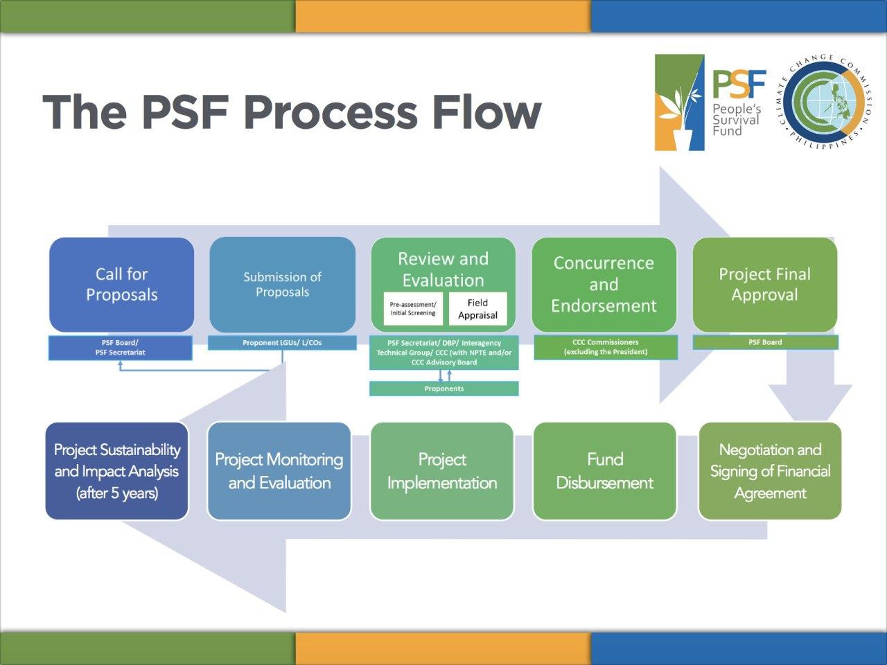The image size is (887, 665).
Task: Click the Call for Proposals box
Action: pos(121,285)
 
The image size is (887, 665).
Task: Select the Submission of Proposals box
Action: pos(282,285)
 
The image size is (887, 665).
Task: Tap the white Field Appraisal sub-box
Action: pos(477,309)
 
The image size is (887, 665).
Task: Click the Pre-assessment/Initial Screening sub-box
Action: pos(413,309)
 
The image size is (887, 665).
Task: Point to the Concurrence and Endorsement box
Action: pos(604,285)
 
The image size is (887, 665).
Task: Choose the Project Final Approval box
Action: pos(764,285)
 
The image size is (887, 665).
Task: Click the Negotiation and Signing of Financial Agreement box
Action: pos(770,471)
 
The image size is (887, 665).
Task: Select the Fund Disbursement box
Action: pos(604,471)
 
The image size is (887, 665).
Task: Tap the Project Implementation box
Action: pos(442,471)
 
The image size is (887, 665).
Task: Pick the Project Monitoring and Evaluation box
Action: pos(279,471)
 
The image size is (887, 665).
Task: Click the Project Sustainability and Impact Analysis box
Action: pos(117,471)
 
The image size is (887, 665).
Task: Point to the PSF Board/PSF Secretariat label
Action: pos(120,348)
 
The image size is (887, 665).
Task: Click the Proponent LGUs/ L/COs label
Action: pos(282,343)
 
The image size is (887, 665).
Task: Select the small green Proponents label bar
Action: pos(443,389)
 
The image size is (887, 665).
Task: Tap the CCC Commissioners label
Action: pos(605,347)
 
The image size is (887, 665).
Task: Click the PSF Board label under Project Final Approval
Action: pos(765,342)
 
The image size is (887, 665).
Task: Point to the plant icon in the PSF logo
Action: pos(679,103)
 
